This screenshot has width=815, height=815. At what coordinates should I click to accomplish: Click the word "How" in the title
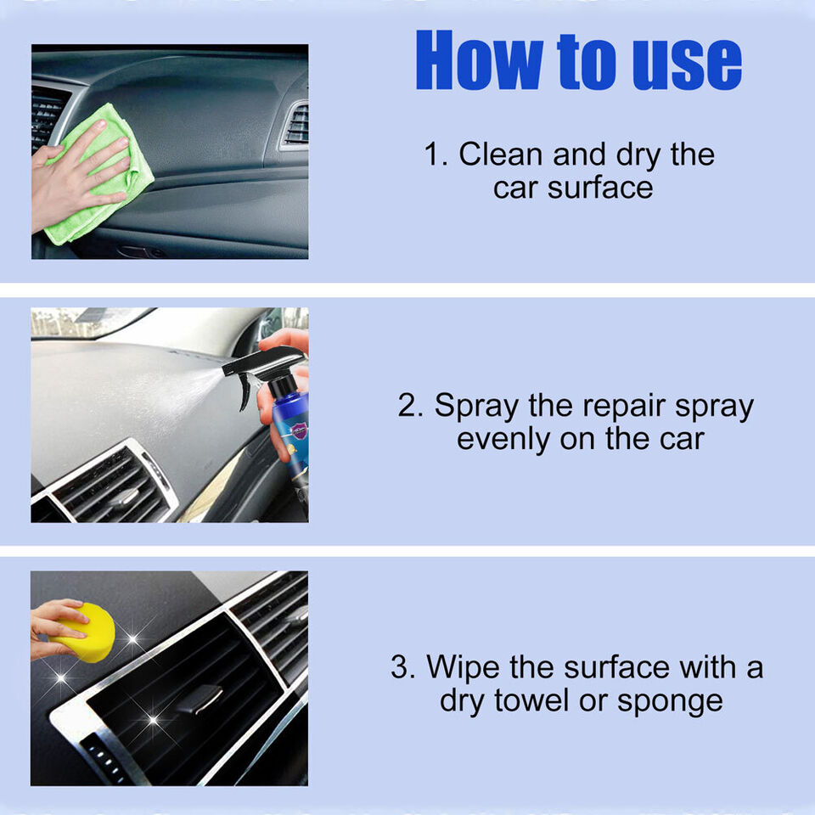[479, 59]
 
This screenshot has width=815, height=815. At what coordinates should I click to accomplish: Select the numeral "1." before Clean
[436, 155]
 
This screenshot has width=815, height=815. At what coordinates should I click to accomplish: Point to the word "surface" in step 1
[600, 188]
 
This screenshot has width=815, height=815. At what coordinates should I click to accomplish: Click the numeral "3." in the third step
[402, 667]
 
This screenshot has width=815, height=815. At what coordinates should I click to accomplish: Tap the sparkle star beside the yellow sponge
[133, 638]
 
